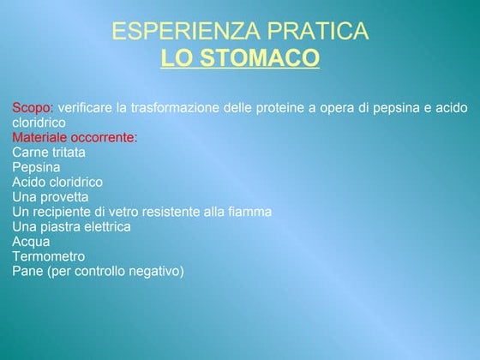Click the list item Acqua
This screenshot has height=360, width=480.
coord(31,242)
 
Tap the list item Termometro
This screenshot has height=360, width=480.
coord(49,256)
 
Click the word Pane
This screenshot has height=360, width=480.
coord(27,272)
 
